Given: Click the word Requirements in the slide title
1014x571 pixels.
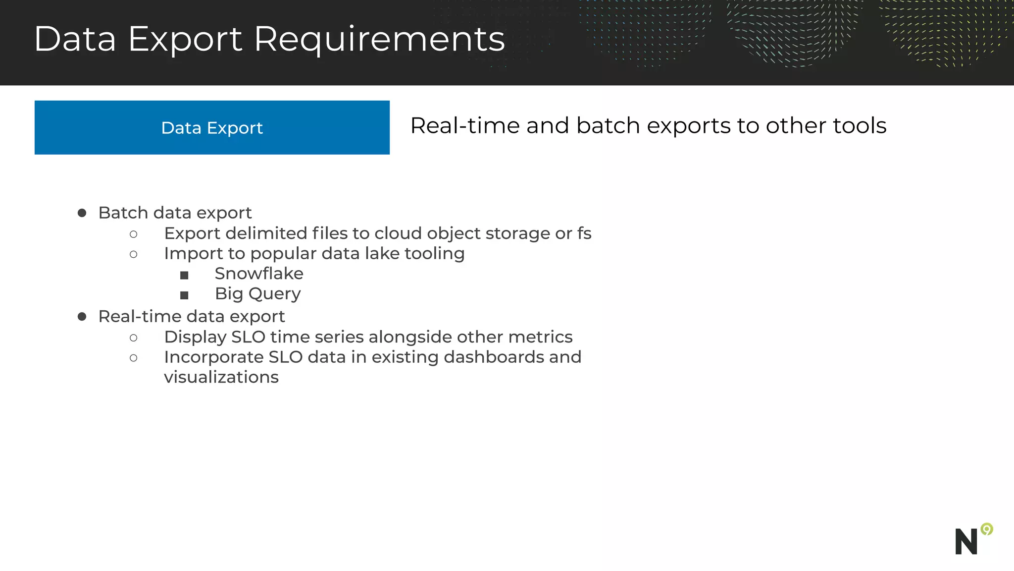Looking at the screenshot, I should coord(379,40).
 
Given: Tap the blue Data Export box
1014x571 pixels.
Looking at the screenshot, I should coord(212,127).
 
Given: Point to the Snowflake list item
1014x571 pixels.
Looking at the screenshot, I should coord(258,274).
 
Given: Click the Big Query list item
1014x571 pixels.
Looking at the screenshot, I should coord(257,294).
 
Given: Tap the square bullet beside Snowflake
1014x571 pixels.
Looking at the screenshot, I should coord(184,275).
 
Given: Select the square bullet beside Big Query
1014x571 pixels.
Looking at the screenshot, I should coord(184,295).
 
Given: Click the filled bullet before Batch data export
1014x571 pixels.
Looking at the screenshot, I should coord(82,213).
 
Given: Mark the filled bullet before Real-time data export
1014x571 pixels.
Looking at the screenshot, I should coord(82,317).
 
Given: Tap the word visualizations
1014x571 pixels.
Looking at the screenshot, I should coord(221,377).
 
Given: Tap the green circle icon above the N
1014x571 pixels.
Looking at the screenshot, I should coord(987,529).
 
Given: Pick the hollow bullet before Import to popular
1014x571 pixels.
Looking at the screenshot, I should coord(134,255).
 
